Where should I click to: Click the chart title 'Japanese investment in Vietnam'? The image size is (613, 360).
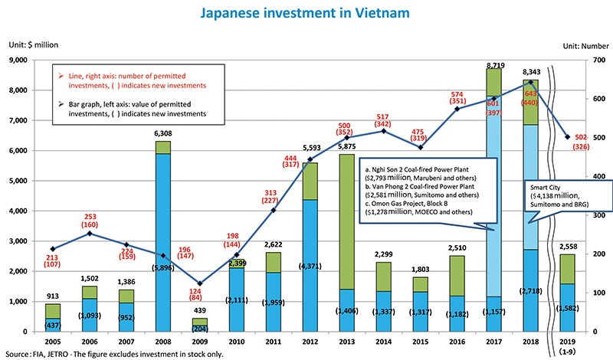[306, 13]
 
